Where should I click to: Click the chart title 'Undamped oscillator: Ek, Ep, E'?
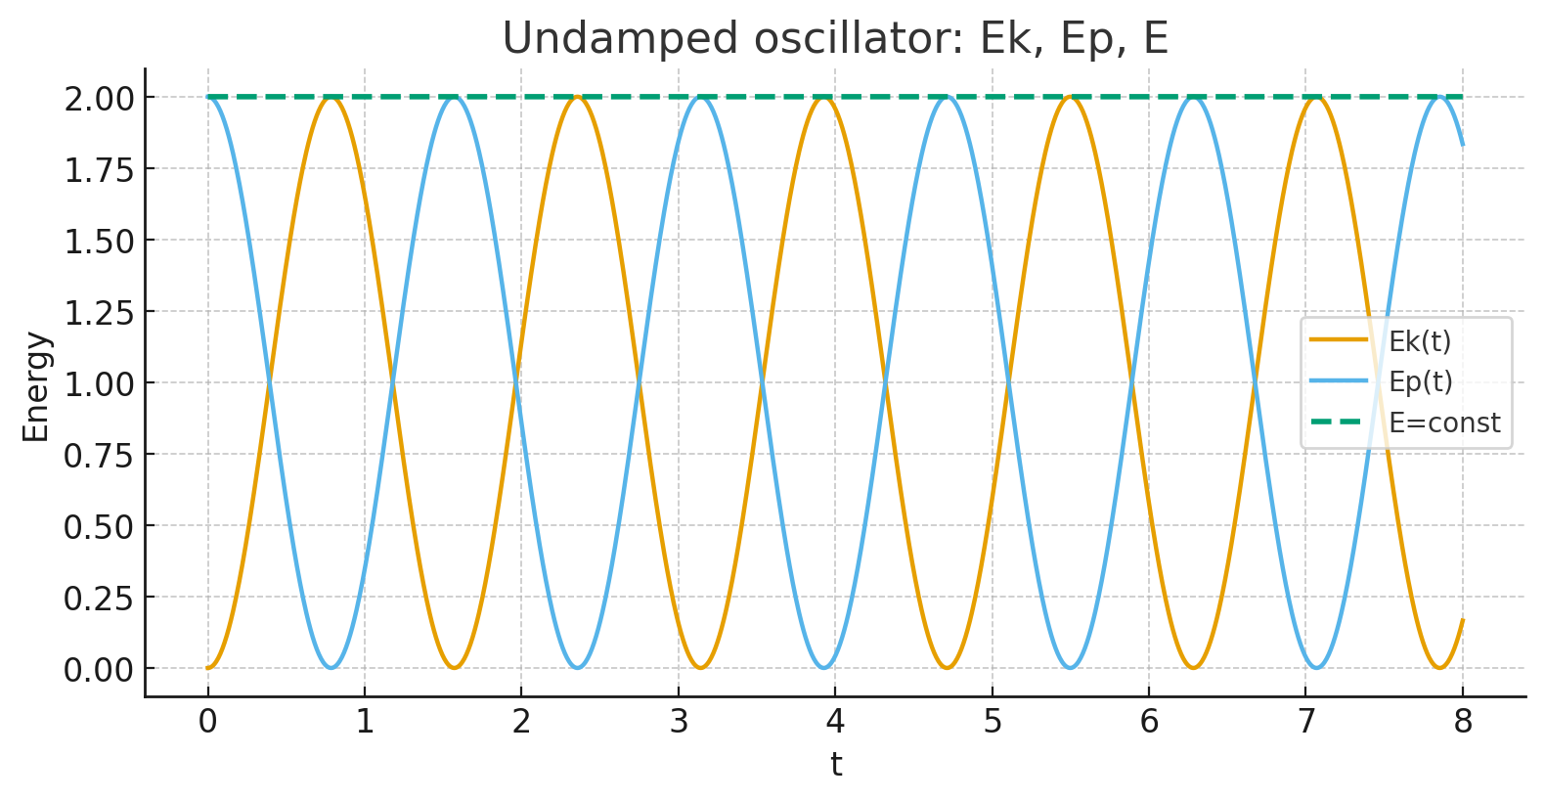pos(835,39)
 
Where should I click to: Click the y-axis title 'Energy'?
pos(36,387)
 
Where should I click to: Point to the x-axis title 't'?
pos(836,764)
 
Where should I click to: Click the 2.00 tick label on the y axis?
pos(98,98)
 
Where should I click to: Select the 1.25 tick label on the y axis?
pos(98,312)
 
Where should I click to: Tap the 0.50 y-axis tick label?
pos(98,526)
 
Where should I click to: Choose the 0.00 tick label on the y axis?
pos(98,669)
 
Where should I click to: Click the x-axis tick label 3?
pos(679,722)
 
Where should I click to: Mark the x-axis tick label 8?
pos(1463,722)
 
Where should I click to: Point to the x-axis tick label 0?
pos(207,722)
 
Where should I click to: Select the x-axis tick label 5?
pos(993,722)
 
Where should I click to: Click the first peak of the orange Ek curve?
pos(331,97)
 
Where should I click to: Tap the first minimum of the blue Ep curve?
pos(331,668)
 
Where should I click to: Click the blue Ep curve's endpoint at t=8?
pos(1463,145)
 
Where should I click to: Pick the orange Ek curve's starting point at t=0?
pos(207,668)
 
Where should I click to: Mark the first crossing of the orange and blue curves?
pos(269,382)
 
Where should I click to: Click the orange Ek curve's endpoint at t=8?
pos(1463,620)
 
